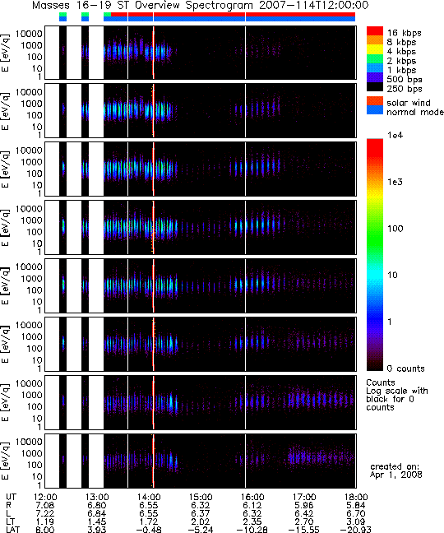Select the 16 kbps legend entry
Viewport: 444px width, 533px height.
pos(405,33)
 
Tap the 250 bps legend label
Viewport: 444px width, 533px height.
pos(405,89)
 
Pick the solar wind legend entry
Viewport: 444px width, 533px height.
pos(409,103)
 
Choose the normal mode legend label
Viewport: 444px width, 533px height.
pos(415,112)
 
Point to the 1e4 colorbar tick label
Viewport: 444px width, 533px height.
pos(395,135)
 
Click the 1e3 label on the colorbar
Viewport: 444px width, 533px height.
pos(395,182)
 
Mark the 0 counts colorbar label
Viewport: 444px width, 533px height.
pos(405,368)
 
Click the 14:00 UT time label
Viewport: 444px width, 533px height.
pos(149,498)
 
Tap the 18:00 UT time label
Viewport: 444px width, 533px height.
pos(356,498)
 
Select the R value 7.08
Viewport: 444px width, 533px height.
pos(45,506)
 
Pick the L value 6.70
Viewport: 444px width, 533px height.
pos(356,513)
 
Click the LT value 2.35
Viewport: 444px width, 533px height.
pos(252,521)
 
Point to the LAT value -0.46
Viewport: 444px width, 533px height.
pos(149,530)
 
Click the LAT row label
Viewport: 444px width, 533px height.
pos(13,530)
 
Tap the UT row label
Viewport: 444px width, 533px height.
pos(11,498)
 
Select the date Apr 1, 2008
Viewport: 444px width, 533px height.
pos(395,475)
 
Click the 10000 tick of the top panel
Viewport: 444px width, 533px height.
pos(29,34)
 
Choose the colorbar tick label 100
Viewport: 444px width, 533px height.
pos(395,229)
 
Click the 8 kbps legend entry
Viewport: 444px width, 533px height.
pos(401,42)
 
